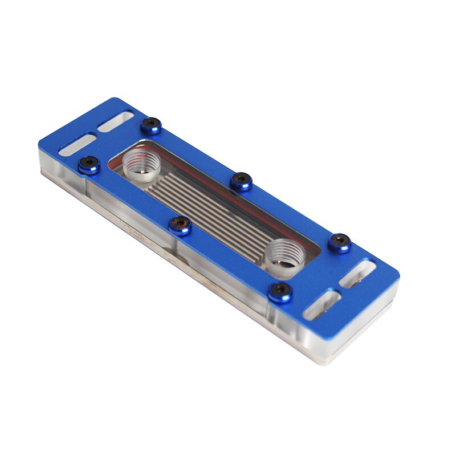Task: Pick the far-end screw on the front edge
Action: pyautogui.click(x=88, y=165)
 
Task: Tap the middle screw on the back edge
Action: pyautogui.click(x=242, y=181)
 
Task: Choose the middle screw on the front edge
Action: pyautogui.click(x=180, y=225)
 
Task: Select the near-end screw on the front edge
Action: pyautogui.click(x=280, y=292)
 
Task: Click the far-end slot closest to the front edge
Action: pyautogui.click(x=78, y=144)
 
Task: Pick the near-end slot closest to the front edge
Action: pyautogui.click(x=323, y=304)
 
